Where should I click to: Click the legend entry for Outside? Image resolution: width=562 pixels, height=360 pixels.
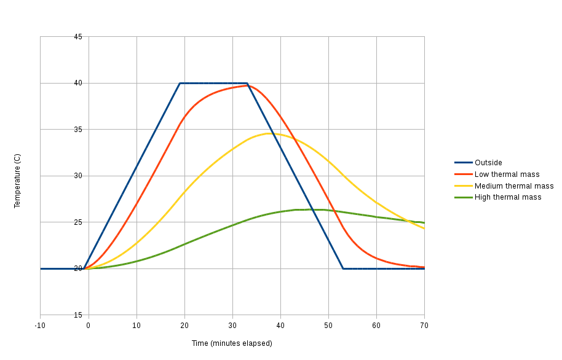488,163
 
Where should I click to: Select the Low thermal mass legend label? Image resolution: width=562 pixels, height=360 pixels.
507,174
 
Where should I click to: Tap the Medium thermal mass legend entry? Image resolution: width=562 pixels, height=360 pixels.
514,186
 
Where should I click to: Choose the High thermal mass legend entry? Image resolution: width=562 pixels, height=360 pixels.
508,197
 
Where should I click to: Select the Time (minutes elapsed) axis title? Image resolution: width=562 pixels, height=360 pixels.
232,343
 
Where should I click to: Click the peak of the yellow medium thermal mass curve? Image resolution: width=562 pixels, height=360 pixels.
269,133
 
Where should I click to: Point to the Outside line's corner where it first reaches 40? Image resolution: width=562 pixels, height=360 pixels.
180,83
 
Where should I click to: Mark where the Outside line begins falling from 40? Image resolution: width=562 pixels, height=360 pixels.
247,83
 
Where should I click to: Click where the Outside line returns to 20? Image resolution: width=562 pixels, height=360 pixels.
343,268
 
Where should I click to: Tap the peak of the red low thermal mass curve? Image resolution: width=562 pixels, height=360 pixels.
249,85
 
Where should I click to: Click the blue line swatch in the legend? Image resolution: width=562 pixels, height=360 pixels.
463,163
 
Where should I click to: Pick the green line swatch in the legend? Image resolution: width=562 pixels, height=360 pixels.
463,197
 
